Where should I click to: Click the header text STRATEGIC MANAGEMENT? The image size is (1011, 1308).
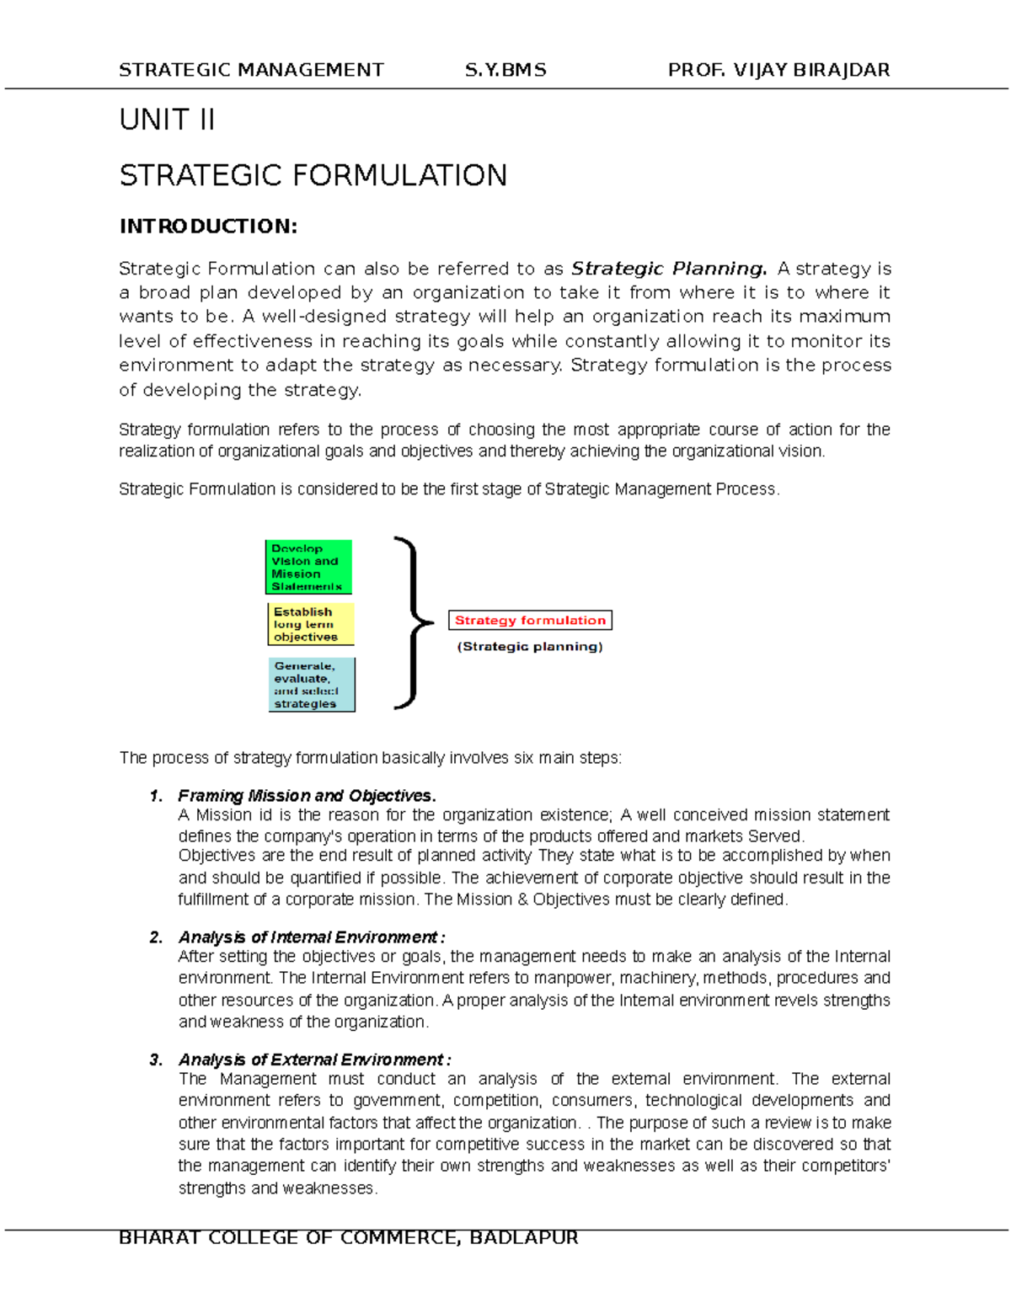pos(251,70)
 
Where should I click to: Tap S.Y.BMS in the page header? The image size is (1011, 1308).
pos(505,70)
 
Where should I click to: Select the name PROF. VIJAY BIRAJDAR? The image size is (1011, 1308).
pos(778,70)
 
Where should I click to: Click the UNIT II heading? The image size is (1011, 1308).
pos(167,120)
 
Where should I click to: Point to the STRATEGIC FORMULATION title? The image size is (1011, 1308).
pos(313,176)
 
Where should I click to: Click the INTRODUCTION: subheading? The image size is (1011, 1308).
pos(208,227)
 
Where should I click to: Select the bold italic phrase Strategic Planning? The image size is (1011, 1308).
pos(669,269)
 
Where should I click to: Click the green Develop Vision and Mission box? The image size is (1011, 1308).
pos(308,567)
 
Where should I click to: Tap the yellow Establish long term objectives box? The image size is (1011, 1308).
pos(311,624)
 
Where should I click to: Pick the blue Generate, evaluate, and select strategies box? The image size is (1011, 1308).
pos(312,685)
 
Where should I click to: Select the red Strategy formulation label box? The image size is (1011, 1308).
pos(530,620)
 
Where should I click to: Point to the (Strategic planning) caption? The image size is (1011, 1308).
pos(530,647)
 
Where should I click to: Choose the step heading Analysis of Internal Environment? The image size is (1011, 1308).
pos(311,937)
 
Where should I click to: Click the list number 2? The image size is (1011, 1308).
pos(155,937)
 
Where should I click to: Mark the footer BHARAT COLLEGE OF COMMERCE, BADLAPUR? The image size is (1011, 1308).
pos(348,1237)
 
